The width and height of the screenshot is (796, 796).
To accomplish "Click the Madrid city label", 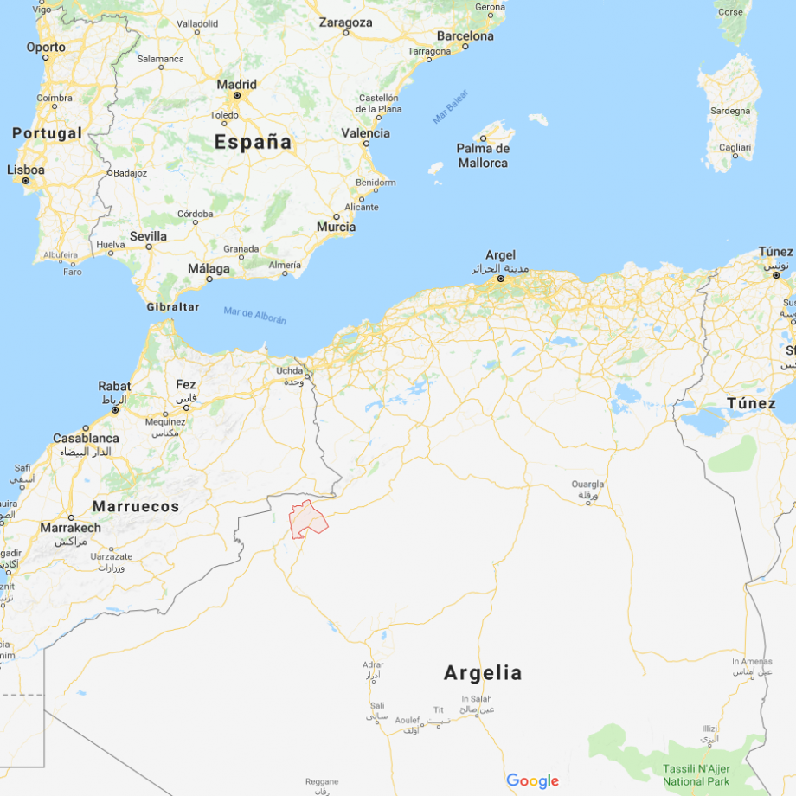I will click(x=236, y=85).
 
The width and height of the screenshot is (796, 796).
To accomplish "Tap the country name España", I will click(x=253, y=142).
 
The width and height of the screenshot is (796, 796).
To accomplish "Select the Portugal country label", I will click(x=48, y=133).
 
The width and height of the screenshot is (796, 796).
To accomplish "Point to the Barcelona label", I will click(x=465, y=36).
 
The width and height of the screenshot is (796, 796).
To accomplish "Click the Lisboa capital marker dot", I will click(x=26, y=181).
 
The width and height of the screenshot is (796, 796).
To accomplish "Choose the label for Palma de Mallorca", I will click(x=483, y=156).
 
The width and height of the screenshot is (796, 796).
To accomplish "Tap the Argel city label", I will click(x=500, y=255).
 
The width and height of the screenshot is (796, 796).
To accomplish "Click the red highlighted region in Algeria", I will click(x=307, y=518).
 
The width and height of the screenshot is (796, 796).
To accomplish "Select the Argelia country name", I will click(x=483, y=672).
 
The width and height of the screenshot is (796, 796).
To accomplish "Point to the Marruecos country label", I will click(x=136, y=506).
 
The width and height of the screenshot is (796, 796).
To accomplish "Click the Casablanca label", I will click(x=86, y=438).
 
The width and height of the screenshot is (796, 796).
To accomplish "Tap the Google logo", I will click(x=532, y=781).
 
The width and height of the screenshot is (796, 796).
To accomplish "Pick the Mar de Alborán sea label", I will click(x=254, y=317).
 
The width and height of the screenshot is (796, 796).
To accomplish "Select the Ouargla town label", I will click(x=587, y=485).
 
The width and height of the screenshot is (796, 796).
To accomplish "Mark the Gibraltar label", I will click(x=172, y=307).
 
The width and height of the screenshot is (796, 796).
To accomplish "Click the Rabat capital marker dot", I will click(x=115, y=409).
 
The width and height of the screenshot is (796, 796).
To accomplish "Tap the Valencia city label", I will click(x=366, y=133).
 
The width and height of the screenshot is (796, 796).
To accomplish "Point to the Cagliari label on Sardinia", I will click(x=735, y=148).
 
